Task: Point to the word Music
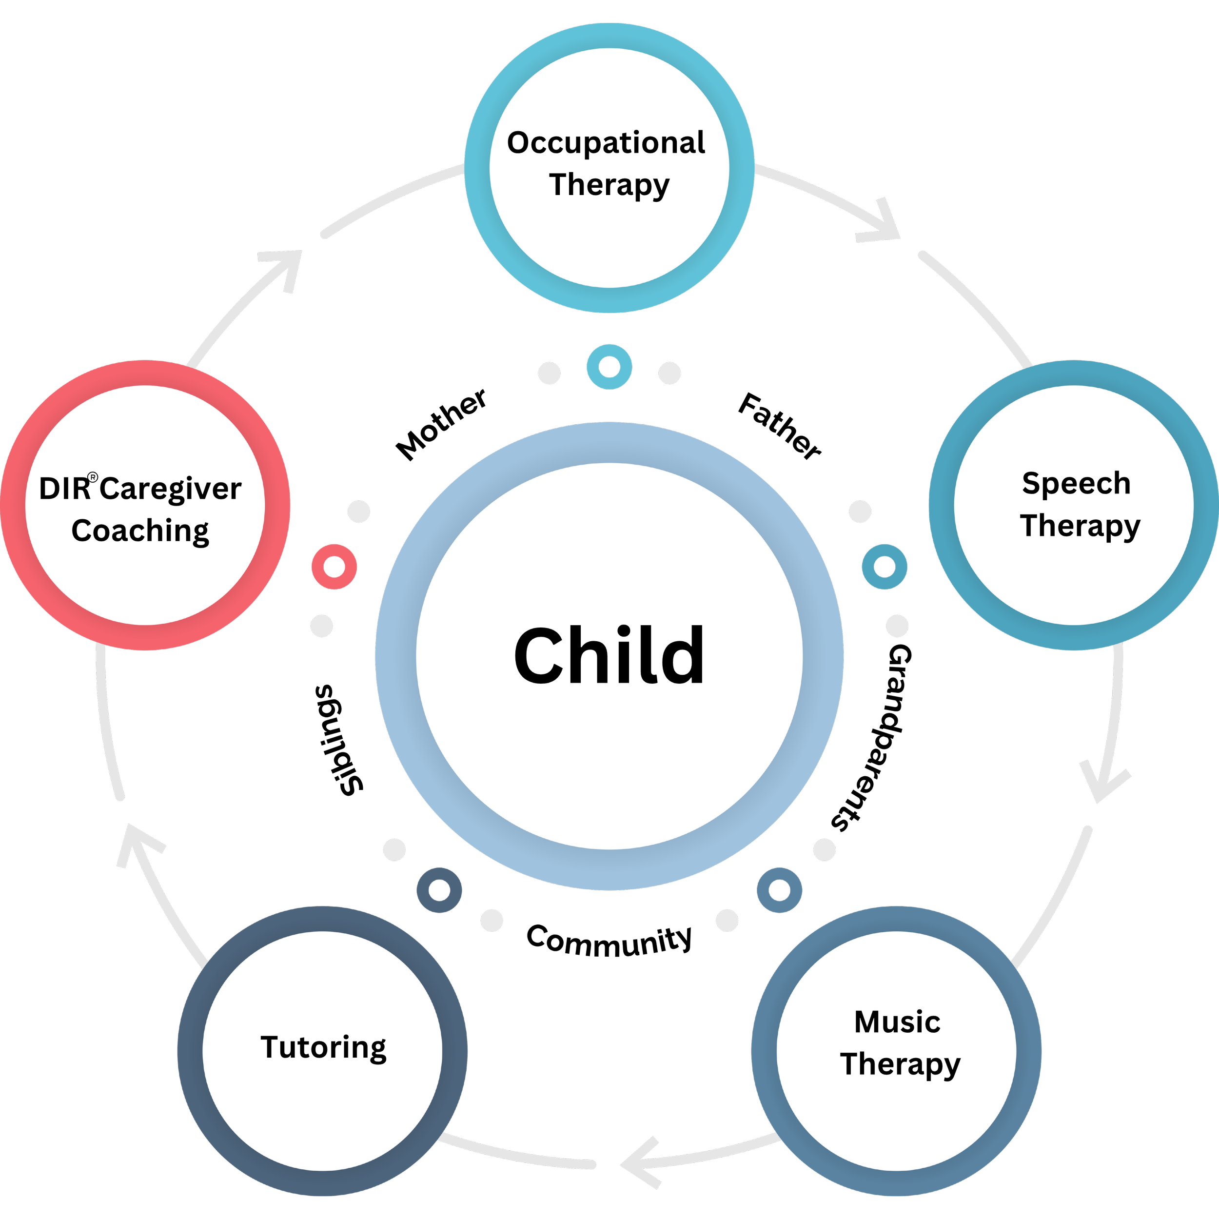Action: tap(897, 1022)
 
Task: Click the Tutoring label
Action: tap(323, 1047)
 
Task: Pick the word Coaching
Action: tap(140, 531)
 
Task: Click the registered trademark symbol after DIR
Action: tap(93, 478)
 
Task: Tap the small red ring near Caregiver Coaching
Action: tap(334, 567)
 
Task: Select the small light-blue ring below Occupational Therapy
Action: tap(609, 367)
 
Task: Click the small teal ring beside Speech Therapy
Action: tap(885, 567)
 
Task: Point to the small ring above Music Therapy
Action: tap(779, 890)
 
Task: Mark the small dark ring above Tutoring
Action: tap(439, 890)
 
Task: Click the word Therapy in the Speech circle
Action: tap(1080, 526)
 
